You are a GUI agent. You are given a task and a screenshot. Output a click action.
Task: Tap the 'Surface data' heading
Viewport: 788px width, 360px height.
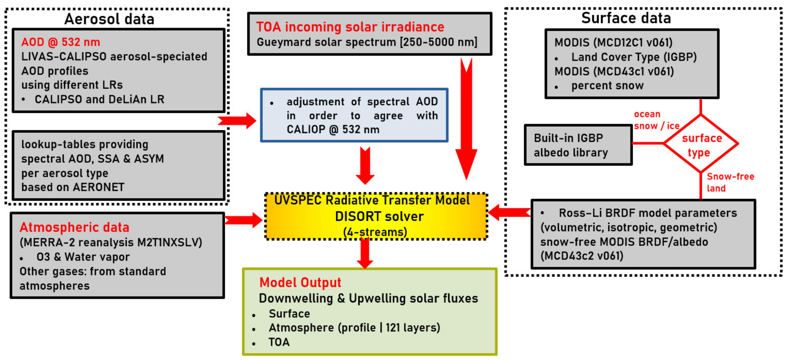626,18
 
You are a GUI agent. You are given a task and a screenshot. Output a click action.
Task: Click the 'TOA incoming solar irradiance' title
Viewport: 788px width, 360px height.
350,27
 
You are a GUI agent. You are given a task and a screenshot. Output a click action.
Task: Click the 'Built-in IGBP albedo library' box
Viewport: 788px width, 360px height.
578,145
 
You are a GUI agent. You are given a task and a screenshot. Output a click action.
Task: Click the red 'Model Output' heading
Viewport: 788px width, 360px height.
300,282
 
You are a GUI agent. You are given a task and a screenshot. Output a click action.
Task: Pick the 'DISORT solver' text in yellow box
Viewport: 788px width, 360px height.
379,217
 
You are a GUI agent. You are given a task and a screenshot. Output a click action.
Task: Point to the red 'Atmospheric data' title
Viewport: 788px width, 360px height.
74,227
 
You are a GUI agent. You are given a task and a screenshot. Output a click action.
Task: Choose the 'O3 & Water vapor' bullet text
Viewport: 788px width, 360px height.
83,257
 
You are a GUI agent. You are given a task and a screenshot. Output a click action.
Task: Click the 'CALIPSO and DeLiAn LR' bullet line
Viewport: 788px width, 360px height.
99,99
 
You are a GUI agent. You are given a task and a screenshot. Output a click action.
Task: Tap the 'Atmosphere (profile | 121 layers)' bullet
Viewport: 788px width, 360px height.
354,328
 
